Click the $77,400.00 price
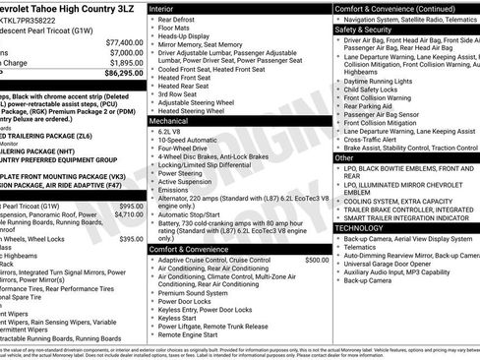point(123,42)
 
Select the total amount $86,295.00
point(123,73)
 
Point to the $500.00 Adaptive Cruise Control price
point(317,260)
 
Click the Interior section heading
point(162,8)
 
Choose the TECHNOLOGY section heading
point(359,227)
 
